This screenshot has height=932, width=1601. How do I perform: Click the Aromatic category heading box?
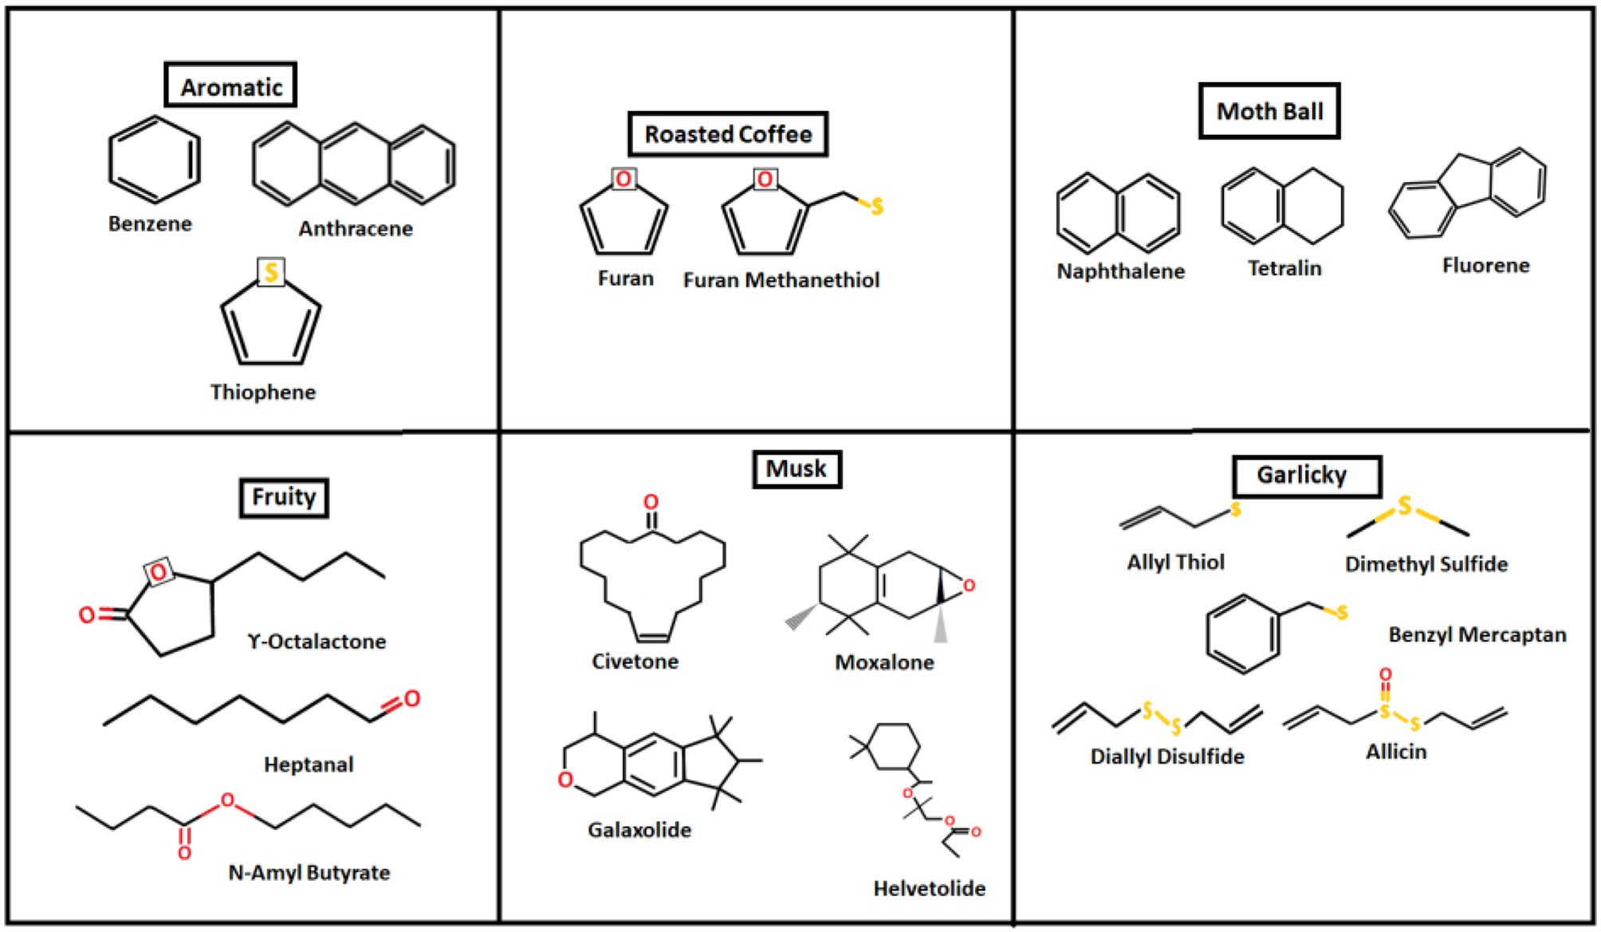(x=230, y=85)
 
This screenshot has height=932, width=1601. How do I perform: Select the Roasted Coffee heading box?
(x=727, y=134)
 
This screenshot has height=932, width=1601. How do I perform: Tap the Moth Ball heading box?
(x=1269, y=111)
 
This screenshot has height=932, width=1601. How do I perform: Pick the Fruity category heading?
(x=284, y=497)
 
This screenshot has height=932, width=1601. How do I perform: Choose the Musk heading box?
(x=797, y=468)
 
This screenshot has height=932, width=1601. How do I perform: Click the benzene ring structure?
(x=154, y=160)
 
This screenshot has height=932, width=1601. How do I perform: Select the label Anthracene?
(x=356, y=229)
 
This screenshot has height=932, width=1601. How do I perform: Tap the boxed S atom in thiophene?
(x=271, y=272)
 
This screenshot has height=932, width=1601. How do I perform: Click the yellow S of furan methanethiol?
(x=877, y=207)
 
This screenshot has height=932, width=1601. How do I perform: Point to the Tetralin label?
(x=1284, y=268)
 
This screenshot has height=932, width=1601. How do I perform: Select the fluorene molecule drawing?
(x=1468, y=192)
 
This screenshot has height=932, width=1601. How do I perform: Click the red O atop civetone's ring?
(x=651, y=502)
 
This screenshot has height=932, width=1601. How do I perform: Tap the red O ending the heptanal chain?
(x=411, y=699)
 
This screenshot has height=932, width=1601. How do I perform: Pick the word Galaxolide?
(x=639, y=830)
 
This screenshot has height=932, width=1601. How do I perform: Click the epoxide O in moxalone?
(x=969, y=586)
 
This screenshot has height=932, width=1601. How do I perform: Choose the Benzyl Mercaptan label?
(x=1477, y=635)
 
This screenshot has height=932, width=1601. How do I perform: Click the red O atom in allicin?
(x=1386, y=675)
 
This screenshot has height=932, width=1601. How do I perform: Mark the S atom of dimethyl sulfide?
(x=1405, y=505)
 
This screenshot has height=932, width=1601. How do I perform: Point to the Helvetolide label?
(x=929, y=888)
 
